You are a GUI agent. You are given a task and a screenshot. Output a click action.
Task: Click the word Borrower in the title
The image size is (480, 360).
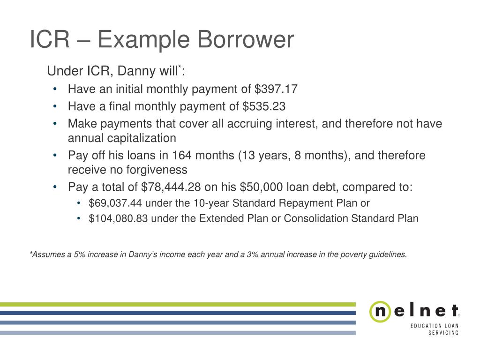pyautogui.click(x=246, y=40)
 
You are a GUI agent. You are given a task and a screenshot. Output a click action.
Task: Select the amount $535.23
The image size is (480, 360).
pyautogui.click(x=264, y=106)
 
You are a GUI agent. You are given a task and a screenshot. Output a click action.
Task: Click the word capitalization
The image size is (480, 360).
pyautogui.click(x=122, y=138)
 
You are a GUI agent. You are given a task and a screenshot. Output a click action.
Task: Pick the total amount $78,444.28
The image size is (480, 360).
pyautogui.click(x=171, y=187)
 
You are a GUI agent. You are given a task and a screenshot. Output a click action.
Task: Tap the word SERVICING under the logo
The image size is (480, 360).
pyautogui.click(x=443, y=333)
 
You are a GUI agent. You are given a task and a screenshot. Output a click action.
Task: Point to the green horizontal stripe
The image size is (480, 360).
pyautogui.click(x=178, y=304)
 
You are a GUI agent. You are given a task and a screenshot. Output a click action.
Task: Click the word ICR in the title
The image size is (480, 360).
pyautogui.click(x=49, y=40)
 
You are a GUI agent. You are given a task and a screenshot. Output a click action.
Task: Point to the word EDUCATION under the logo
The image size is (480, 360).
pyautogui.click(x=424, y=326)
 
